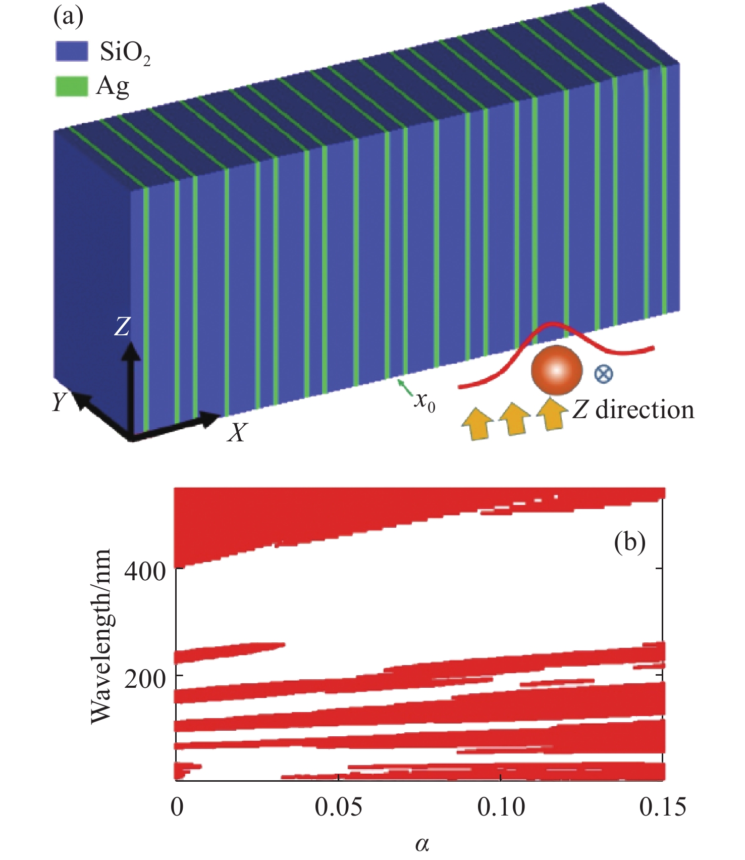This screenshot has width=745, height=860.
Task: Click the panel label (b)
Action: click(629, 542)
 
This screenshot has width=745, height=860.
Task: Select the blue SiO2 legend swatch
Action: click(71, 51)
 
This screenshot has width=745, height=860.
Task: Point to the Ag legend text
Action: click(113, 87)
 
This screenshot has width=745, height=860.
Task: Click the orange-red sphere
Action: click(556, 370)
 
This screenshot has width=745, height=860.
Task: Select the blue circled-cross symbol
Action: click(603, 374)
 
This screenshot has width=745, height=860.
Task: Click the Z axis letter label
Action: click(122, 327)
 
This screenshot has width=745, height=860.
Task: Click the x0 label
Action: click(424, 402)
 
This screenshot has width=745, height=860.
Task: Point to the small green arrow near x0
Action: click(405, 387)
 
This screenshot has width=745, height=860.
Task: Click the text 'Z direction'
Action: click(633, 410)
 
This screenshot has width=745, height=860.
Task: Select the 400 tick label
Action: click(145, 572)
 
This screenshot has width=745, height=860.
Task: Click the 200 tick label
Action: click(145, 679)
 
